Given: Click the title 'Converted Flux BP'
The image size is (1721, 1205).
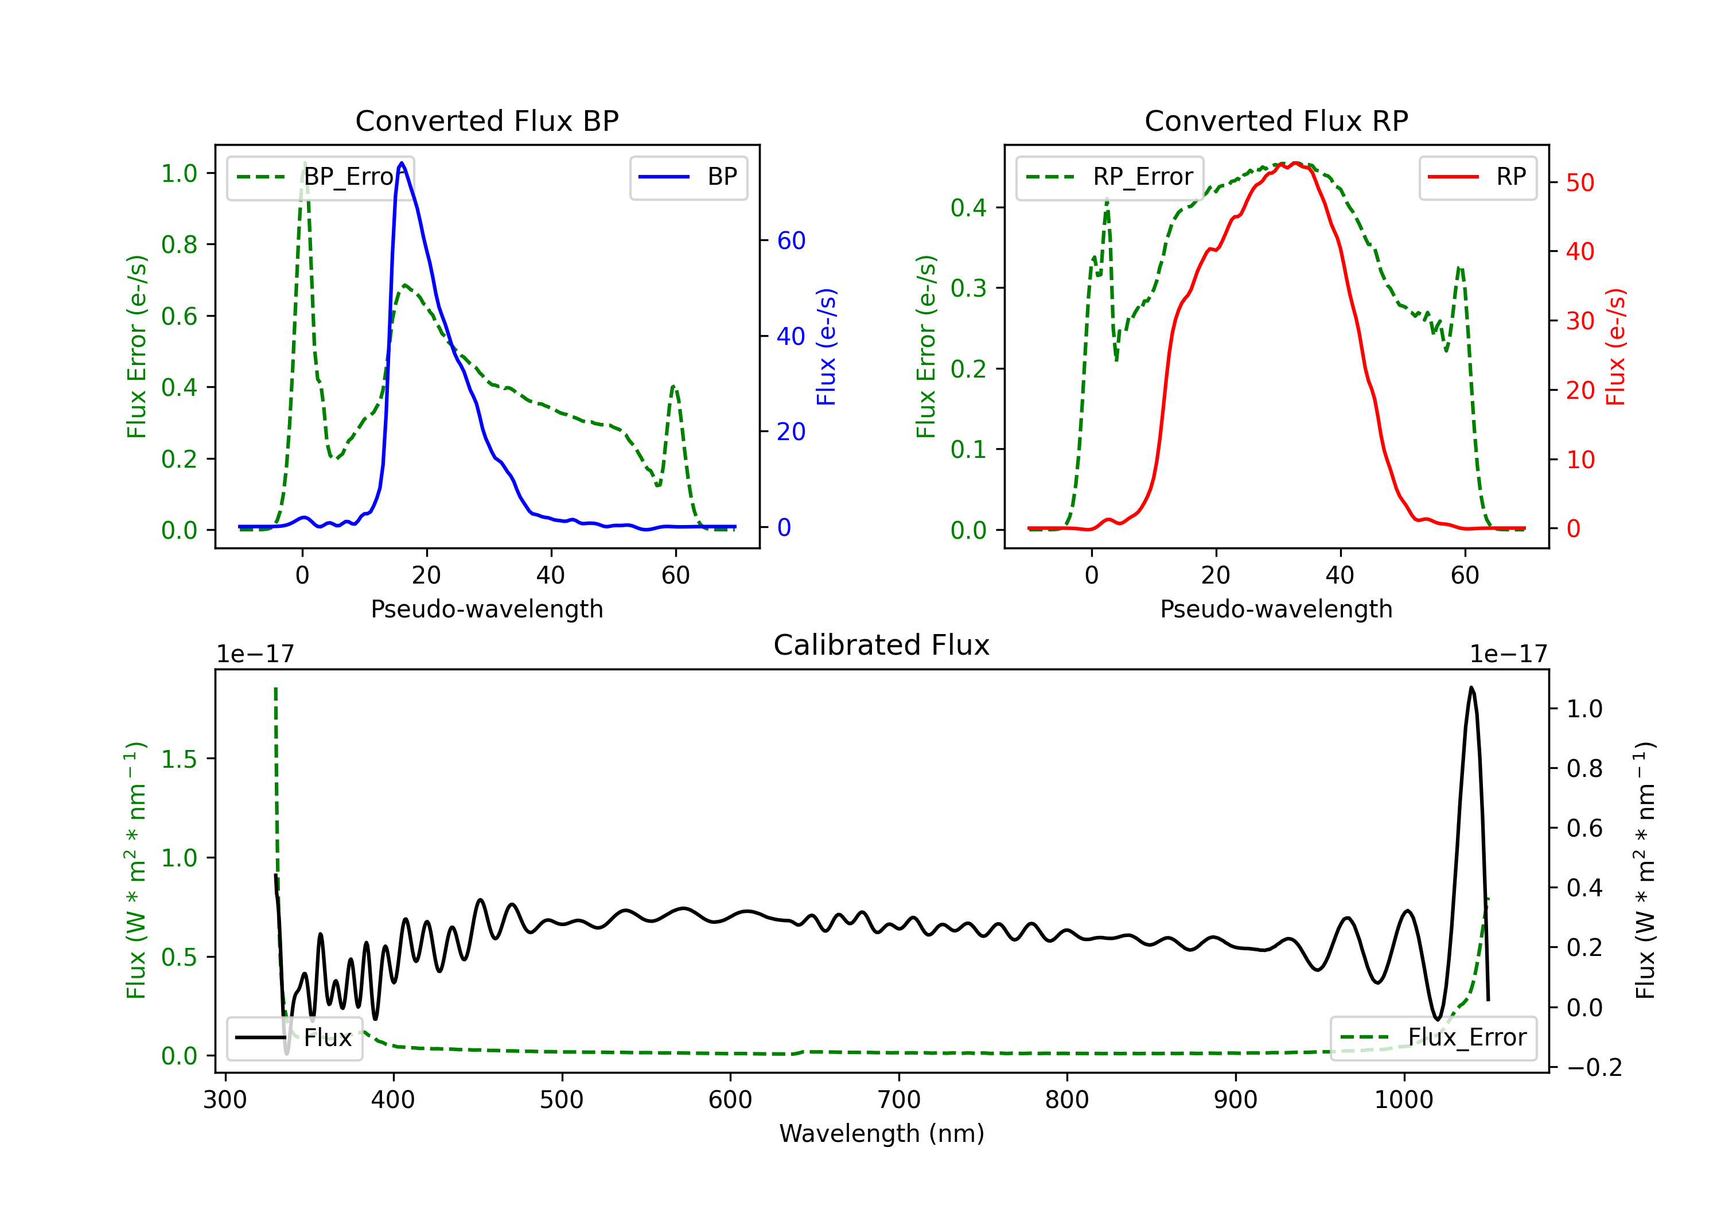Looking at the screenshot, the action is tap(486, 120).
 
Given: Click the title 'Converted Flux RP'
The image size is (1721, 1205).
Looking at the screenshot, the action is tap(1276, 120).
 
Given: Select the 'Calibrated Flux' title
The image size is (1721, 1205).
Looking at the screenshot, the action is tap(882, 645).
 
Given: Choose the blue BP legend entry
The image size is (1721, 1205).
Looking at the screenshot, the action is tap(688, 177).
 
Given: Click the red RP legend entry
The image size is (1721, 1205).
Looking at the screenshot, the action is tap(1477, 177).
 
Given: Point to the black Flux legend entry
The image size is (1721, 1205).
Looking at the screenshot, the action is tap(294, 1038).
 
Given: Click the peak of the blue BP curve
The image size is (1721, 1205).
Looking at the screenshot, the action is tap(402, 163).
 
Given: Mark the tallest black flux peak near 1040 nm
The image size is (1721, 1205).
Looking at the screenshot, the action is tap(1471, 687).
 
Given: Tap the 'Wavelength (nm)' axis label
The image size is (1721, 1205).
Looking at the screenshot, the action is tap(882, 1133).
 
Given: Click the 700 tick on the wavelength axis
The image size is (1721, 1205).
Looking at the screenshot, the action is tap(899, 1099).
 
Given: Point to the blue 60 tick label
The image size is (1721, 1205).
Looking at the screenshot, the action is tap(791, 240).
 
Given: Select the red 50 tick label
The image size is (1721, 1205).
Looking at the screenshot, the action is tap(1580, 182).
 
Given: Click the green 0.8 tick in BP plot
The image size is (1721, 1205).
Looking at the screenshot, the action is tap(179, 244).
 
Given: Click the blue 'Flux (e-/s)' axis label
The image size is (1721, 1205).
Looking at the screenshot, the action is tap(826, 347).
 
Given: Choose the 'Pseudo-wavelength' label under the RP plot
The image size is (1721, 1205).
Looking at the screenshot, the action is tap(1276, 609).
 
